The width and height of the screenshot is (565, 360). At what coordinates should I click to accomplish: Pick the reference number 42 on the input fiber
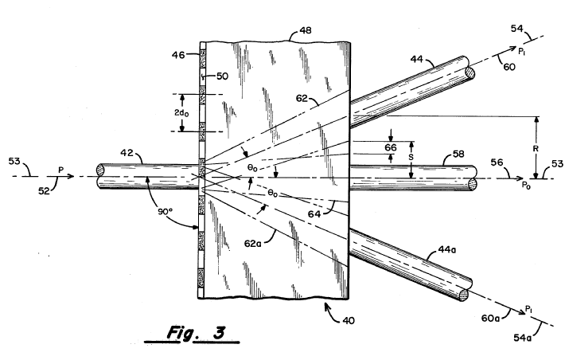[149, 159]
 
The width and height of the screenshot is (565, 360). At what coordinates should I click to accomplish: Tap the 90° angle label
[163, 214]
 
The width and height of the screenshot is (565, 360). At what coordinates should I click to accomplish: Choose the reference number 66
[390, 147]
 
